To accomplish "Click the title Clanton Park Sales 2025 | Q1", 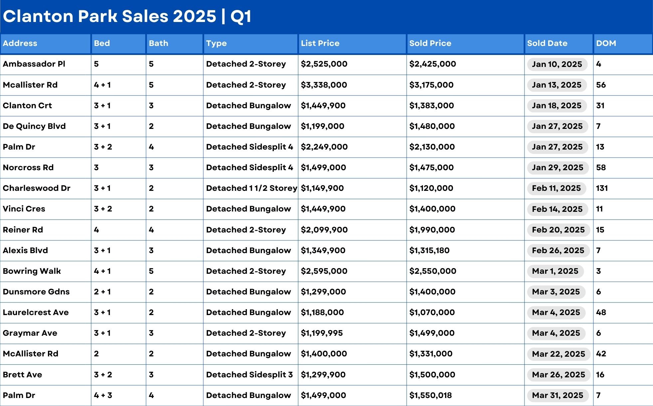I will tap(127, 16).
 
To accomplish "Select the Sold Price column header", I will tap(430, 43).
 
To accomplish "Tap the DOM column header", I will tap(606, 43).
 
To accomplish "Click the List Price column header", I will tap(320, 43).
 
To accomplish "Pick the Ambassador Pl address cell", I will tap(34, 64).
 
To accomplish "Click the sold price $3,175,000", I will tap(431, 85).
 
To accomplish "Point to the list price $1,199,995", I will tap(322, 333).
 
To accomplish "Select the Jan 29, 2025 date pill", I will tap(557, 168).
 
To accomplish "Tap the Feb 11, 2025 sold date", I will tap(556, 188).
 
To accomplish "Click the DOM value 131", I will tap(602, 188).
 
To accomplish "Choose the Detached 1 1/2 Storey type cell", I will tap(251, 188).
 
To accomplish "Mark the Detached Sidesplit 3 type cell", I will tap(249, 375).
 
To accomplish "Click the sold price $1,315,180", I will tap(429, 250).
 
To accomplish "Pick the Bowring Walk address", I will tap(32, 271).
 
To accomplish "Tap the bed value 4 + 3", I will tap(103, 395).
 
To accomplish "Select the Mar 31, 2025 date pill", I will tap(557, 395).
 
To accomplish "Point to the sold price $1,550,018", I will tap(430, 395).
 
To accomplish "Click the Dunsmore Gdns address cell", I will tap(36, 292).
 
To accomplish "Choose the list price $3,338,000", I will tap(324, 85).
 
